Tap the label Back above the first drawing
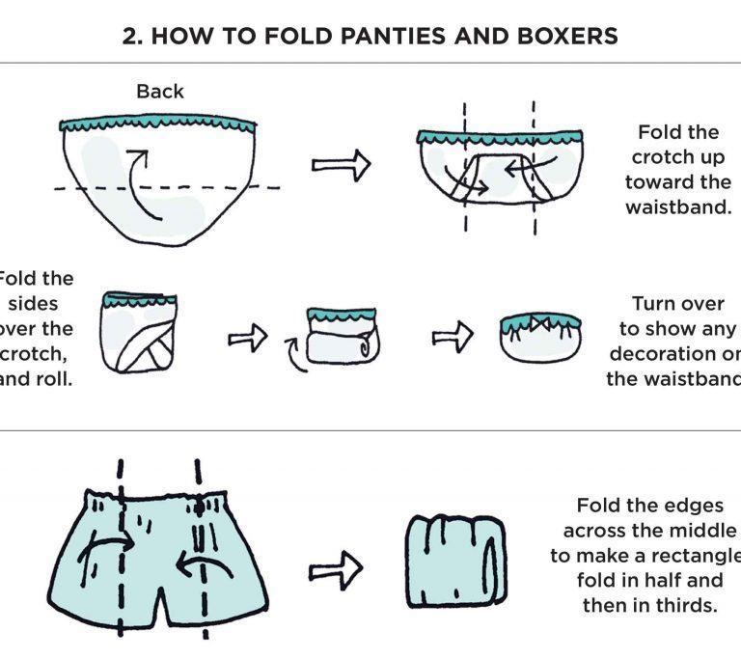[x=160, y=92]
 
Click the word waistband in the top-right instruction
[x=678, y=206]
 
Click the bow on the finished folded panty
[x=539, y=320]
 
